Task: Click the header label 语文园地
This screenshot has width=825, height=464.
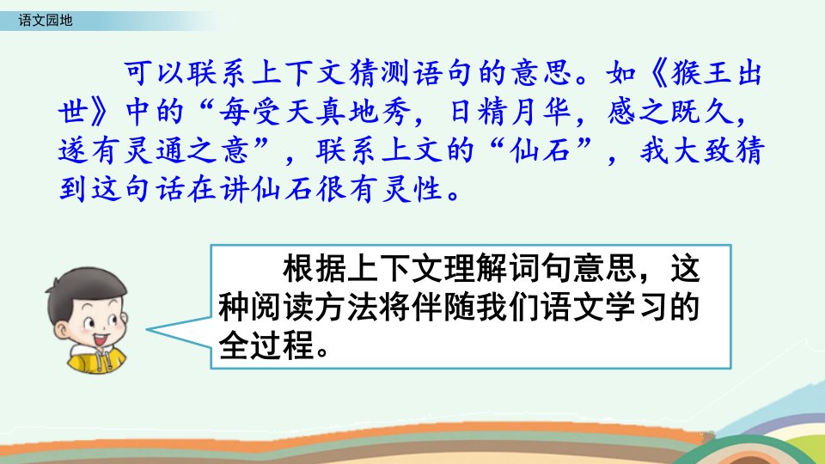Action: (x=46, y=21)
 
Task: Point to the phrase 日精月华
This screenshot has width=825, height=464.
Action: (x=510, y=112)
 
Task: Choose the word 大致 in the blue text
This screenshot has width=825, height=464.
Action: (x=701, y=151)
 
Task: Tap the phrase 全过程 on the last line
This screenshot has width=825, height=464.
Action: (x=266, y=346)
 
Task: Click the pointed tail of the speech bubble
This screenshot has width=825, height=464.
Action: (x=148, y=330)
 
